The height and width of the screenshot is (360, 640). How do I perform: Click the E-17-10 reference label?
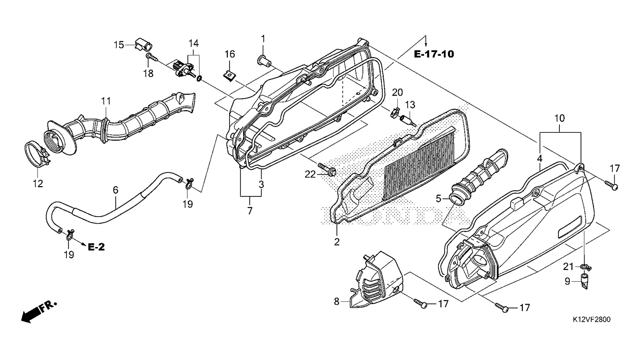[x=434, y=54]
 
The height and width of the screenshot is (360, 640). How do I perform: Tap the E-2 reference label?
[x=97, y=247]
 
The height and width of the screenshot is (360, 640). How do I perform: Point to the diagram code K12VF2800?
[x=591, y=319]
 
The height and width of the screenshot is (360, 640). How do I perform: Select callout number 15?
[x=119, y=45]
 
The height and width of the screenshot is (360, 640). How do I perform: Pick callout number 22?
[x=310, y=174]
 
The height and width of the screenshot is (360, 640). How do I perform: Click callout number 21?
[x=568, y=267]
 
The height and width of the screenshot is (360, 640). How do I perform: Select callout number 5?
[x=439, y=198]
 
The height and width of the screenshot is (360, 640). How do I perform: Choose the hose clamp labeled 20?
[x=396, y=112]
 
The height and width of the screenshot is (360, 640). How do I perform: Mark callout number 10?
[x=560, y=118]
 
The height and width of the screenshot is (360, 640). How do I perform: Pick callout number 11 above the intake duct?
[x=106, y=101]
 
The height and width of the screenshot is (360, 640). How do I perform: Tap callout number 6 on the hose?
[x=115, y=190]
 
